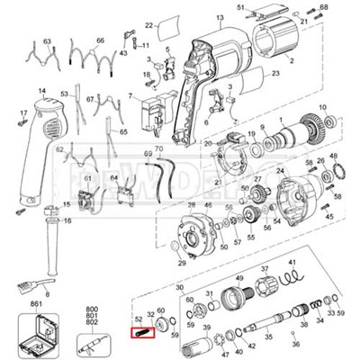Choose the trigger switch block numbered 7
tap(148, 112)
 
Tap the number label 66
tap(100, 40)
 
